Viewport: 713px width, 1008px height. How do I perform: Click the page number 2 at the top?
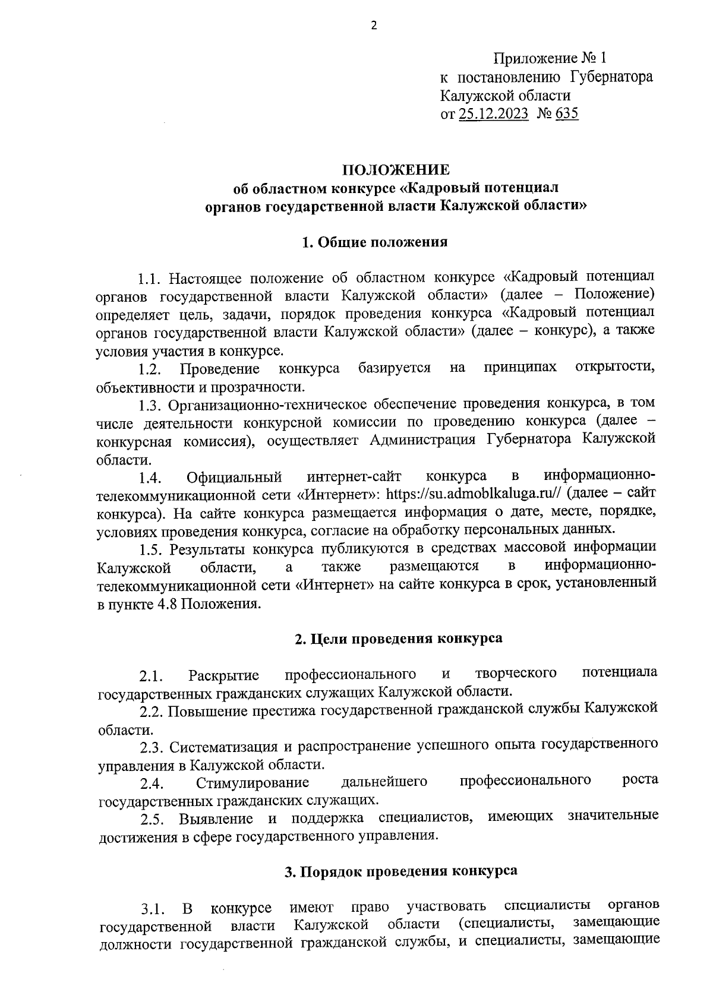374,25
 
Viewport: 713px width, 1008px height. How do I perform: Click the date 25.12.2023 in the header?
493,113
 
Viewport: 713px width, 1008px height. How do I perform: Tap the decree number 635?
567,113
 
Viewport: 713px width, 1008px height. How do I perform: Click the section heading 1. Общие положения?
374,242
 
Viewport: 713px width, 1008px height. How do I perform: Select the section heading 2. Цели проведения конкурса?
399,639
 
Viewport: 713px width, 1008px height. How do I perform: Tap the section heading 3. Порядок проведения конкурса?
400,871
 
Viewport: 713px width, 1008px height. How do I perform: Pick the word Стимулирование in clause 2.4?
252,782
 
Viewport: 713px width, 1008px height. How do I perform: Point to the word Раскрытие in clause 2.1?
223,675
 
